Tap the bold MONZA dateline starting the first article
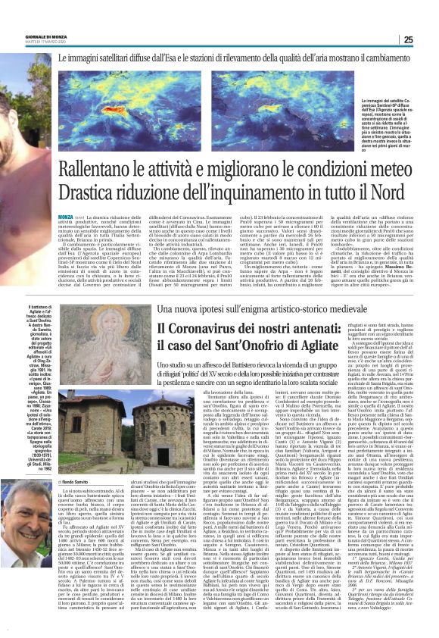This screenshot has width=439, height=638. pos(66,217)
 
